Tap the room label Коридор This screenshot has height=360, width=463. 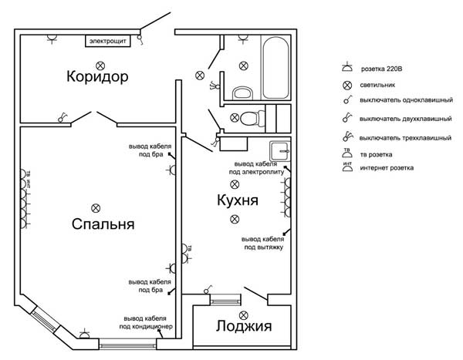pyautogui.click(x=96, y=77)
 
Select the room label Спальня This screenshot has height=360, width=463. pyautogui.click(x=103, y=225)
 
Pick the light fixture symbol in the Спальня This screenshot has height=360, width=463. pyautogui.click(x=96, y=207)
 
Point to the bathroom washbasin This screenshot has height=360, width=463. pyautogui.click(x=242, y=93)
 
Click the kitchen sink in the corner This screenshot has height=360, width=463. pyautogui.click(x=278, y=150)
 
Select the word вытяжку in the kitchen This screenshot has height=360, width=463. pyautogui.click(x=265, y=247)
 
